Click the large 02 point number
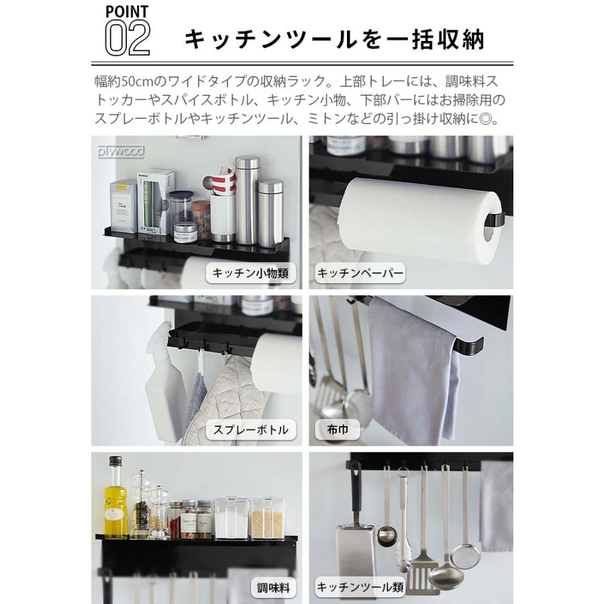click(128, 38)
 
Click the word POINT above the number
click(128, 11)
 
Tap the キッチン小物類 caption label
click(250, 272)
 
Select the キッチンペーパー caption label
click(360, 272)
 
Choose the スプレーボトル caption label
click(250, 430)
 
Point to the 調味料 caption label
click(274, 588)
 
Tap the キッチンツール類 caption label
click(360, 588)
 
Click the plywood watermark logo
click(121, 152)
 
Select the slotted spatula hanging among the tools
click(421, 564)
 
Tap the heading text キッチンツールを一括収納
click(334, 40)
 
